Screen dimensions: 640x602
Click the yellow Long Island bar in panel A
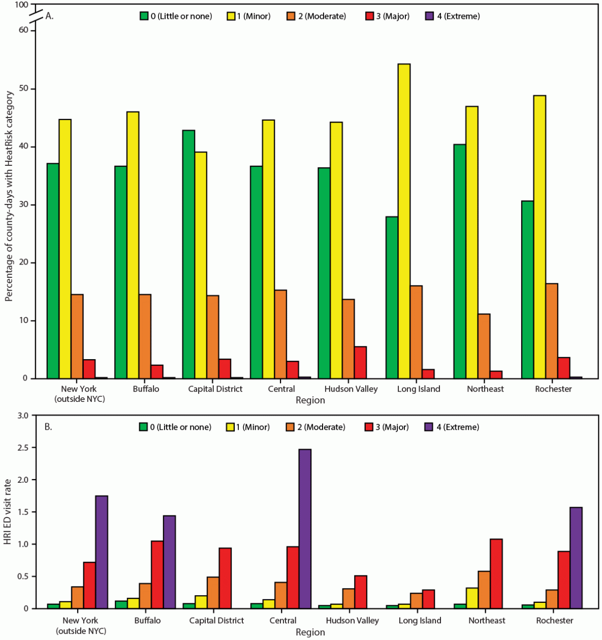point(404,221)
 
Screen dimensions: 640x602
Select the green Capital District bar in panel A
point(188,254)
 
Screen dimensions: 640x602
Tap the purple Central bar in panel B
point(305,529)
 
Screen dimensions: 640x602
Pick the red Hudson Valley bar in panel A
point(360,362)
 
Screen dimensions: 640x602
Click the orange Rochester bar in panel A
point(552,331)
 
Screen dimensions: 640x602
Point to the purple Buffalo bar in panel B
point(169,562)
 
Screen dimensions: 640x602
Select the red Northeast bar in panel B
point(496,573)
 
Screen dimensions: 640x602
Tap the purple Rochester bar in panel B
point(576,558)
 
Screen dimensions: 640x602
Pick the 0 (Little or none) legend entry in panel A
point(175,16)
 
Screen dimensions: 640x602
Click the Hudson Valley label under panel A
point(351,389)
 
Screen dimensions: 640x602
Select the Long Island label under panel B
point(420,621)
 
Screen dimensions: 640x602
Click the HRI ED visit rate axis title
point(8,512)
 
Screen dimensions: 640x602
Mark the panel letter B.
point(48,427)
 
